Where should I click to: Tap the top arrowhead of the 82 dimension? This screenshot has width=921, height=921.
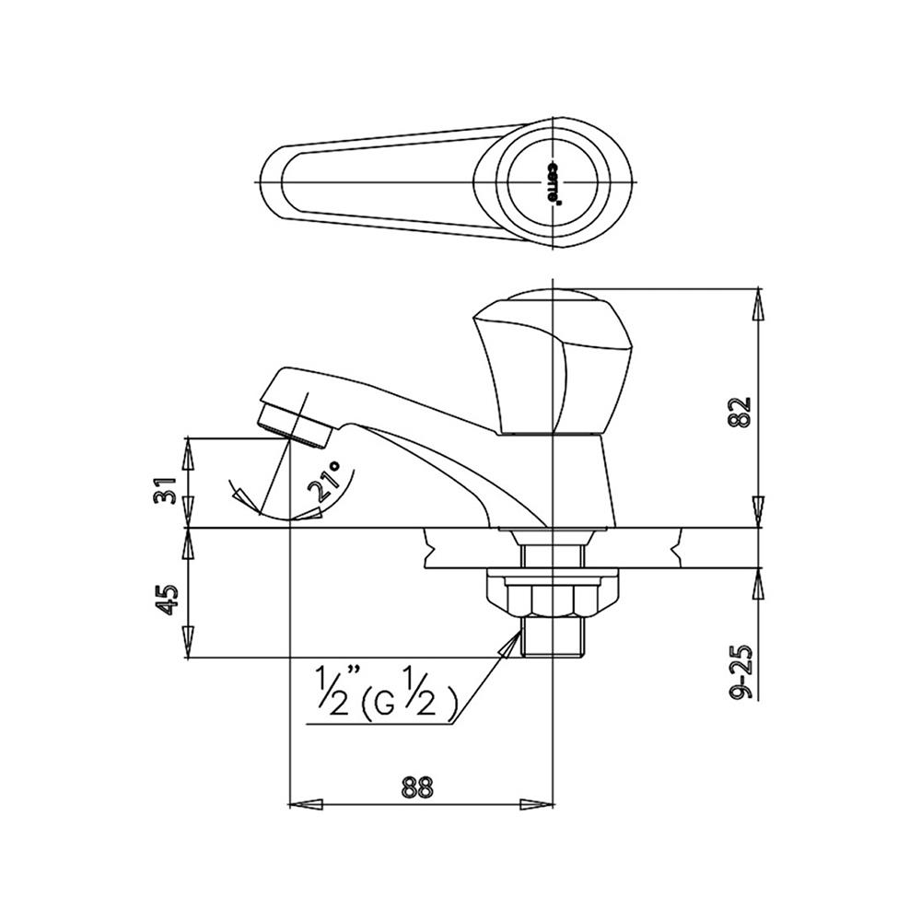(x=758, y=304)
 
